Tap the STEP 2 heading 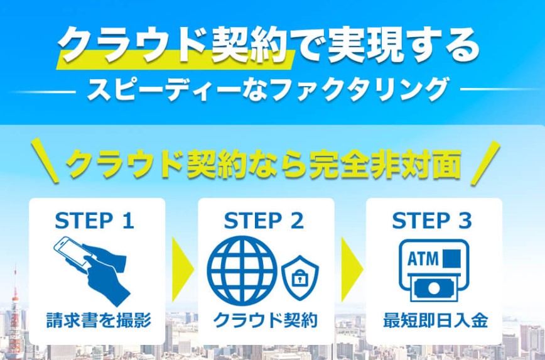(x=264, y=221)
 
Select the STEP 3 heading (x=432, y=221)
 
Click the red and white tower (x=16, y=308)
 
